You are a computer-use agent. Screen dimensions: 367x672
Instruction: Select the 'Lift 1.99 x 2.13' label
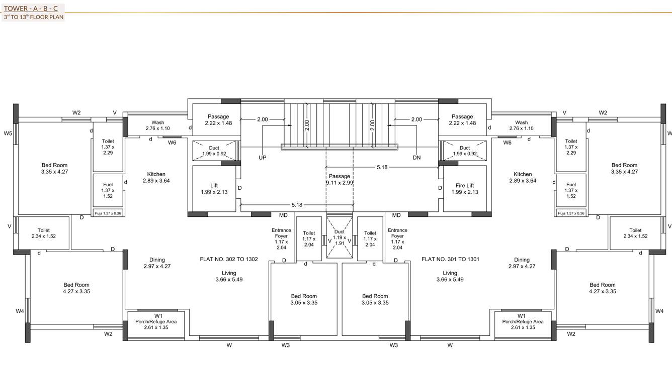coord(214,189)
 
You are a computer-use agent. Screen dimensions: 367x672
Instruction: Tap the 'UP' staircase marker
coord(262,158)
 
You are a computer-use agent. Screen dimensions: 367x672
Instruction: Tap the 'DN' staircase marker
coord(416,158)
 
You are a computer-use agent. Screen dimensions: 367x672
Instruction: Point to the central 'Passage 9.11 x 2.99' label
coord(340,180)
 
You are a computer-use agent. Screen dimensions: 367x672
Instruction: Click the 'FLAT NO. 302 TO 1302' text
coord(229,259)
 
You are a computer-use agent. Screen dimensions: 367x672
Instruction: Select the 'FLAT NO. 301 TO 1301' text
coord(450,259)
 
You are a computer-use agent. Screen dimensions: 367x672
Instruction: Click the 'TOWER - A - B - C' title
coord(30,9)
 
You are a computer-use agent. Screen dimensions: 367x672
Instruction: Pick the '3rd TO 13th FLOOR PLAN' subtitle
coord(33,17)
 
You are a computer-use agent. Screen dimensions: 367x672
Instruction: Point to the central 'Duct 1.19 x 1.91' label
coord(340,237)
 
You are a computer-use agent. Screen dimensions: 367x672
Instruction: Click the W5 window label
coord(8,134)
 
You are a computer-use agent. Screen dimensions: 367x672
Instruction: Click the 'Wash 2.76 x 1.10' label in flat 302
coord(157,126)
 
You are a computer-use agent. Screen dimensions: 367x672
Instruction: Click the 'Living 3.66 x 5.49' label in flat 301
coord(450,276)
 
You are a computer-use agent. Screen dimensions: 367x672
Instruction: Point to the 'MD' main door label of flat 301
coord(396,215)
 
